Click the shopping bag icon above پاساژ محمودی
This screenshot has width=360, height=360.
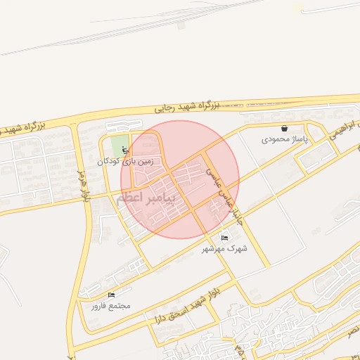(284, 129)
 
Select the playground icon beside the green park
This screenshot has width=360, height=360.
(125, 148)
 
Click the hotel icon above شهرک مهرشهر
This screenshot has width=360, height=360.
(224, 238)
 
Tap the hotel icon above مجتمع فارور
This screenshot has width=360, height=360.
(111, 295)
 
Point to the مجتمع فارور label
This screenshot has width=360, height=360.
(110, 306)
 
